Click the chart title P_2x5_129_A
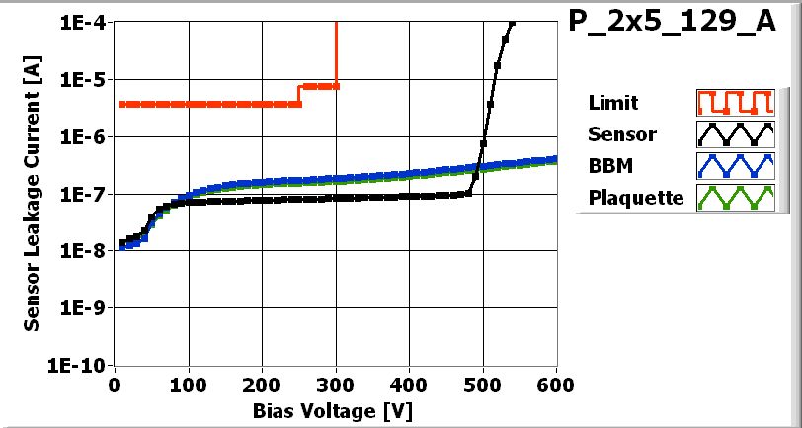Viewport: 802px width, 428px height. (673, 24)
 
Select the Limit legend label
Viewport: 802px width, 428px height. (612, 103)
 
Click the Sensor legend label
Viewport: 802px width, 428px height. (621, 133)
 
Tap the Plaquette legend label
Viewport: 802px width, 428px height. (636, 197)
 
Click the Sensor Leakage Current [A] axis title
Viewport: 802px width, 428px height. (33, 194)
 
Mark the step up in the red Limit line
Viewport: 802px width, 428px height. (299, 94)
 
